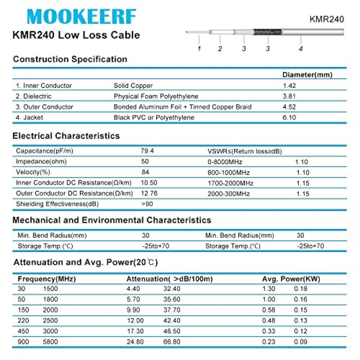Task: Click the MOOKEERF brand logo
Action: pyautogui.click(x=81, y=16)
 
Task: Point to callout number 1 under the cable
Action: pyautogui.click(x=199, y=48)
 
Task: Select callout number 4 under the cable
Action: pyautogui.click(x=301, y=48)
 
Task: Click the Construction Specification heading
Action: pyautogui.click(x=70, y=59)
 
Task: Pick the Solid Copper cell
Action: pyautogui.click(x=133, y=85)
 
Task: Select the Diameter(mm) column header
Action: pyautogui.click(x=307, y=75)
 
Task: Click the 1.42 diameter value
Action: pyautogui.click(x=289, y=85)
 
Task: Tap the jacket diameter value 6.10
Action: pyautogui.click(x=289, y=118)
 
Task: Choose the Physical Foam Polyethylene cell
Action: pyautogui.click(x=156, y=96)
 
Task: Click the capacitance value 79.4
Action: pyautogui.click(x=148, y=151)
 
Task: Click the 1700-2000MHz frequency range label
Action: pyautogui.click(x=230, y=184)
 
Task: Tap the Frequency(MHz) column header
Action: pyautogui.click(x=47, y=279)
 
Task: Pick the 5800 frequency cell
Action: pyautogui.click(x=50, y=342)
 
